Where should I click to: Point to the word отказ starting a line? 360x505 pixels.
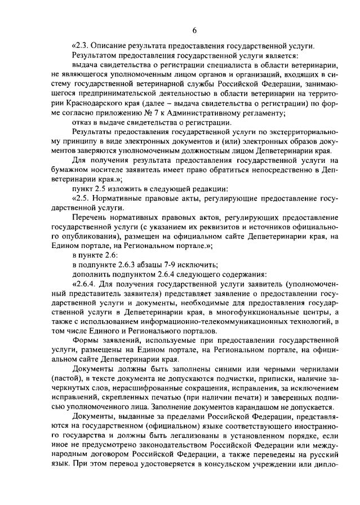(83, 122)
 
